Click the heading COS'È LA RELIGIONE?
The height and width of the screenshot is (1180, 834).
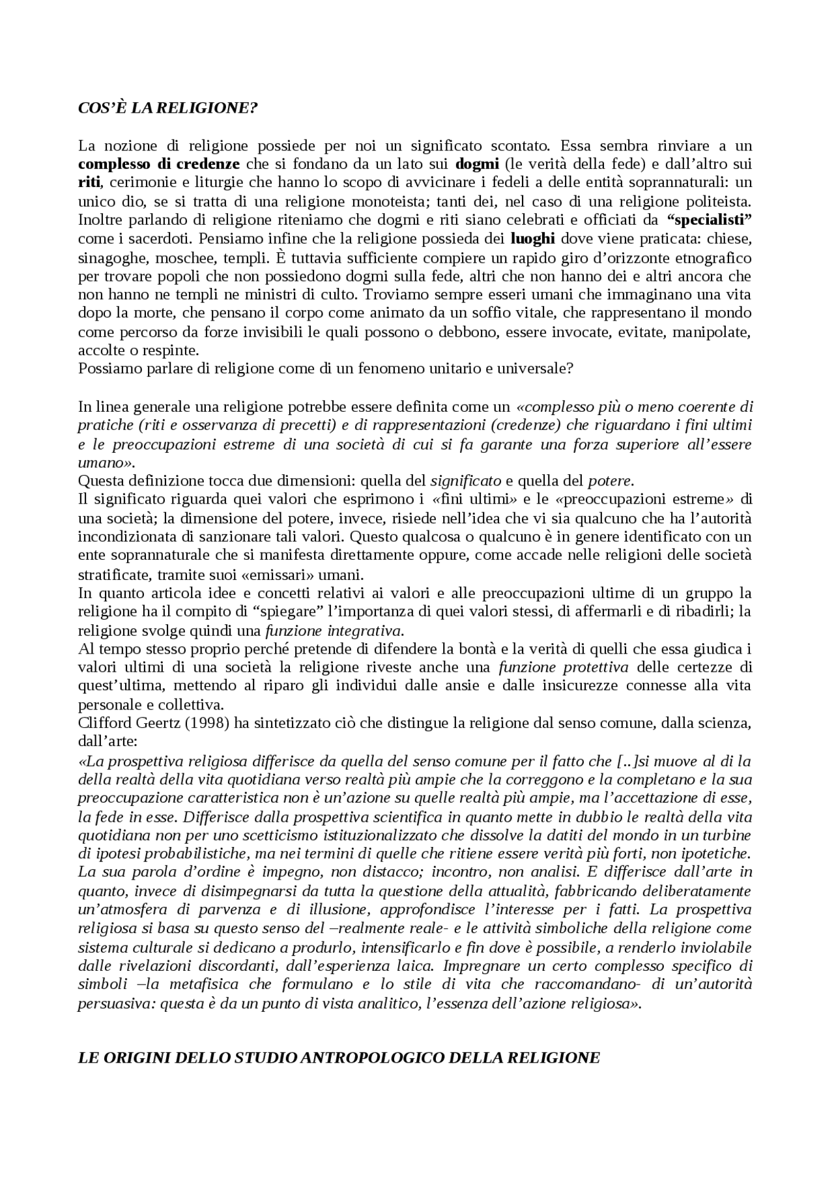167,108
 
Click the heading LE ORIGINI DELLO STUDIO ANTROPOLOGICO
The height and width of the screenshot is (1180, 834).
338,1058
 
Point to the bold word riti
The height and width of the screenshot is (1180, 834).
88,182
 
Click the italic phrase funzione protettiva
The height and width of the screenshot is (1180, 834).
564,667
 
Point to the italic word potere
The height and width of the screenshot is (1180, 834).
610,482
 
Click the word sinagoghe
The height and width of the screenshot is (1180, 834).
107,257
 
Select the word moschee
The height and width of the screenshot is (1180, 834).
167,257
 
